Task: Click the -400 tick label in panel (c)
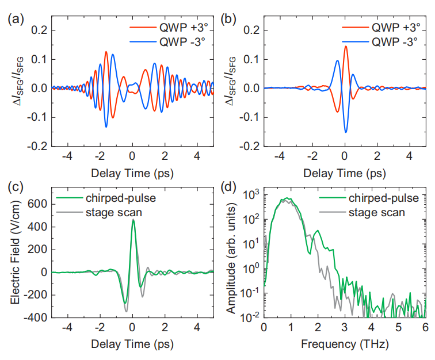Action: (x=37, y=317)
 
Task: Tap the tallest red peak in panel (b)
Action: (x=346, y=47)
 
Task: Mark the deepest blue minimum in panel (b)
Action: (x=346, y=132)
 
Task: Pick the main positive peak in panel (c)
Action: (x=133, y=220)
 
